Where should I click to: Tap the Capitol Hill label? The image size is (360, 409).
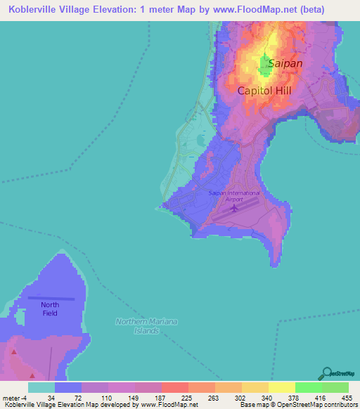[x=264, y=91]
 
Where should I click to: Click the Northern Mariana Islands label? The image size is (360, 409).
[x=146, y=325]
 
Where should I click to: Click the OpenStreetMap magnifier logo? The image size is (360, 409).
[x=327, y=372]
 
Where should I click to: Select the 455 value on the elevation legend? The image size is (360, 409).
[x=347, y=397]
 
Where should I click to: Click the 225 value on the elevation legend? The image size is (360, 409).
[x=186, y=397]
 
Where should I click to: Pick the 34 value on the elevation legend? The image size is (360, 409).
[x=51, y=397]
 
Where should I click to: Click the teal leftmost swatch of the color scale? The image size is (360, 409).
[x=41, y=387]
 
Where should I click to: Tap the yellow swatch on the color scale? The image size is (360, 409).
[x=282, y=387]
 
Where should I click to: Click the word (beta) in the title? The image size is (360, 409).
[x=337, y=8]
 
